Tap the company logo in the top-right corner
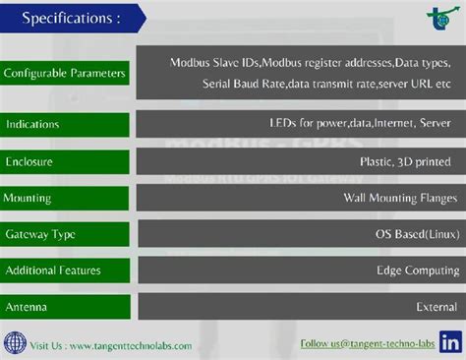[437, 18]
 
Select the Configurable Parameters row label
[65, 74]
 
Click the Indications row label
[32, 125]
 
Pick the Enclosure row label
[29, 161]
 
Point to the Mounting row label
[28, 198]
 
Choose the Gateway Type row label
[40, 234]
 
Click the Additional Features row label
[53, 270]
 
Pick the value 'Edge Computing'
[413, 270]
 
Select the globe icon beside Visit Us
[14, 344]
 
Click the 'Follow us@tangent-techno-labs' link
[368, 343]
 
